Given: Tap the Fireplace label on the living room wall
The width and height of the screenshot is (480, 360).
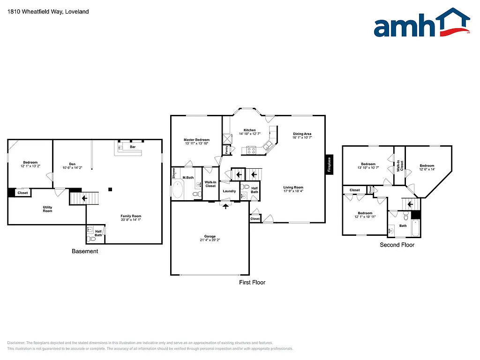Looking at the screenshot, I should pyautogui.click(x=329, y=165).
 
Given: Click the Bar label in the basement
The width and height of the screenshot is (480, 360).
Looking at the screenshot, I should pyautogui.click(x=133, y=147).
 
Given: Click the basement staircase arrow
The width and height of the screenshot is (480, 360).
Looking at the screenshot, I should pyautogui.click(x=84, y=198).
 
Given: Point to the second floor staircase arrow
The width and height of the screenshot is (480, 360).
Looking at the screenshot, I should pyautogui.click(x=410, y=204).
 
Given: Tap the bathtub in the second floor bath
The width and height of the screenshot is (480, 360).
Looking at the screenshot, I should pyautogui.click(x=415, y=229).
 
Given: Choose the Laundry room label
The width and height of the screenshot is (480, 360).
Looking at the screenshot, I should pyautogui.click(x=229, y=191).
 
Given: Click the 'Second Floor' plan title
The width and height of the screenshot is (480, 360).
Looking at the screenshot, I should pyautogui.click(x=397, y=245).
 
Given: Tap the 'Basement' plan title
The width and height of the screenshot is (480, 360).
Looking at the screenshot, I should pyautogui.click(x=85, y=251).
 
